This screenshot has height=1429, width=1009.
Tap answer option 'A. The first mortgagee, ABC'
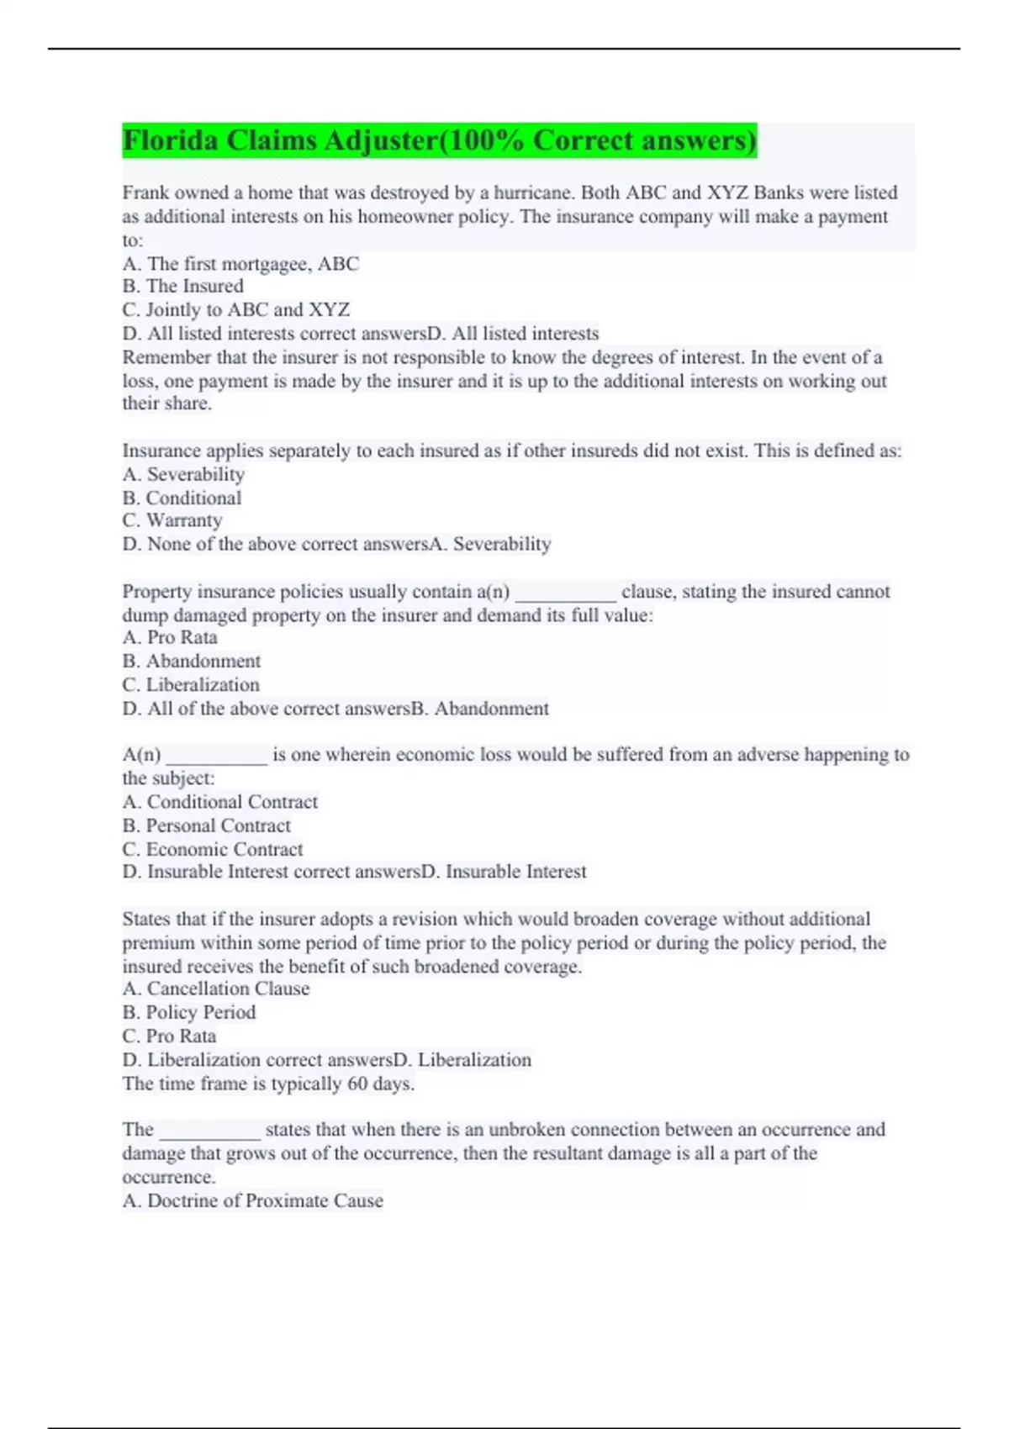240,264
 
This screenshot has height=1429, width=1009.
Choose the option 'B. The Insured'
182,287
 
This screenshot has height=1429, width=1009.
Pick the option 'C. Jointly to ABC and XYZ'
235,310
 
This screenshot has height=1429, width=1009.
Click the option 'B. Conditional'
182,498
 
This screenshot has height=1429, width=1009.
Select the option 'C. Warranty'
172,520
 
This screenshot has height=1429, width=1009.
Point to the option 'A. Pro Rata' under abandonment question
169,638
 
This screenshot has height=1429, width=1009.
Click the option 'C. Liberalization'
190,685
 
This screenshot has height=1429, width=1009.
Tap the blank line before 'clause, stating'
565,593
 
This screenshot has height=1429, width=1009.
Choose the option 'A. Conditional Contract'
219,802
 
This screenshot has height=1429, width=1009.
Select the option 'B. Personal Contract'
206,825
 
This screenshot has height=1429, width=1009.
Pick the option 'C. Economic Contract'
212,849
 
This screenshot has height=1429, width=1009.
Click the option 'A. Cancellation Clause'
215,989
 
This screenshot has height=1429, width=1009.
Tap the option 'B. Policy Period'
188,1012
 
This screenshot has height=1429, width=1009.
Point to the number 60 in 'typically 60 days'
357,1084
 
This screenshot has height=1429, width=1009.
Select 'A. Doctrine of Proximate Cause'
252,1200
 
